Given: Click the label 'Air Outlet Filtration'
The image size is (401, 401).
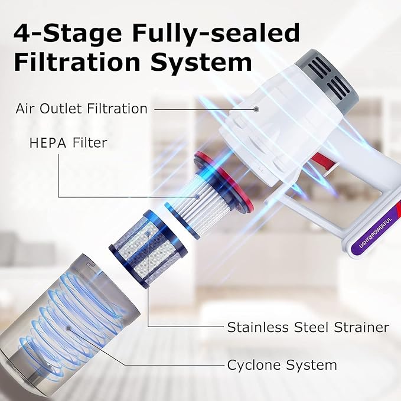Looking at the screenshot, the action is point(81,109).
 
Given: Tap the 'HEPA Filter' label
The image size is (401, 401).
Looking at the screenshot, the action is point(68,142).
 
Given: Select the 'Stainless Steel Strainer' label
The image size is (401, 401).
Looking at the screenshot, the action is point(308,327).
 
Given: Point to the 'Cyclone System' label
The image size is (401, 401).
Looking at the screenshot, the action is point(282,365).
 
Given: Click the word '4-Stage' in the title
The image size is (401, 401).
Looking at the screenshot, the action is point(67,34).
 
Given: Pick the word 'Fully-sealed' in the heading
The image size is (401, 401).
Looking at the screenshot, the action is point(216,34).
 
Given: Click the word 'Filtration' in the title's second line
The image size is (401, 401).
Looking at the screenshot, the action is point(77,62).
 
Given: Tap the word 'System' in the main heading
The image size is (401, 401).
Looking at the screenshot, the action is point(201,63).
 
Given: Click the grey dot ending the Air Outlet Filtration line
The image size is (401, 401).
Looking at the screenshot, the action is point(256,109).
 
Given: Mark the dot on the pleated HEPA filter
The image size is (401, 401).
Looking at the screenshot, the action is point(197,197).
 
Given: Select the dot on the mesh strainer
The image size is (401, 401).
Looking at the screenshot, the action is point(148,233).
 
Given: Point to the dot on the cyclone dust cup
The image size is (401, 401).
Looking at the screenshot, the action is point(69,328).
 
